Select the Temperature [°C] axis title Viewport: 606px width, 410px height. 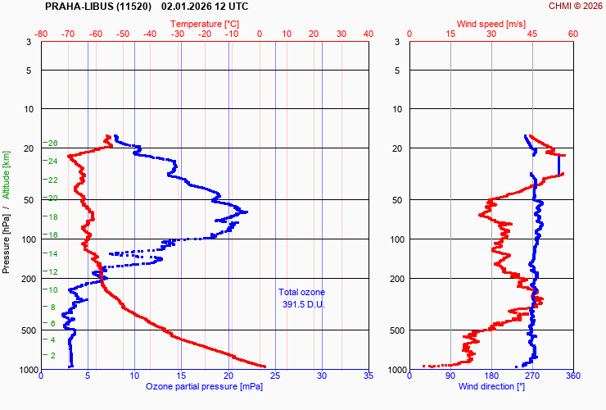tap(205, 24)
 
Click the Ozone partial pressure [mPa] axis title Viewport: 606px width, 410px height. tap(205, 386)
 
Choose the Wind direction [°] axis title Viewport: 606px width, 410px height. tap(491, 386)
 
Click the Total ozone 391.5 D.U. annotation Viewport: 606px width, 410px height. tap(301, 298)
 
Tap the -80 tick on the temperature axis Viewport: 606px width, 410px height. tap(42, 34)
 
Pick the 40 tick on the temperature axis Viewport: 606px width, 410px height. tap(368, 34)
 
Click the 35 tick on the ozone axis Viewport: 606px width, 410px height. tap(368, 376)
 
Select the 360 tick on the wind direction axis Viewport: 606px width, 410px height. tap(572, 376)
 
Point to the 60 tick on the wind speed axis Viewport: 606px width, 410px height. tap(572, 34)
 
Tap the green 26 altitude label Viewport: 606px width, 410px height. tap(53, 143)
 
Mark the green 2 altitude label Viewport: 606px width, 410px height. tap(53, 355)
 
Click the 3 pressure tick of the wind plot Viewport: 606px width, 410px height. tap(396, 42)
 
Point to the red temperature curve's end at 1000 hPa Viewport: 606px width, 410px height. tap(265, 367)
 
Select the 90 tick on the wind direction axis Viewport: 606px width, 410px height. tap(450, 376)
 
